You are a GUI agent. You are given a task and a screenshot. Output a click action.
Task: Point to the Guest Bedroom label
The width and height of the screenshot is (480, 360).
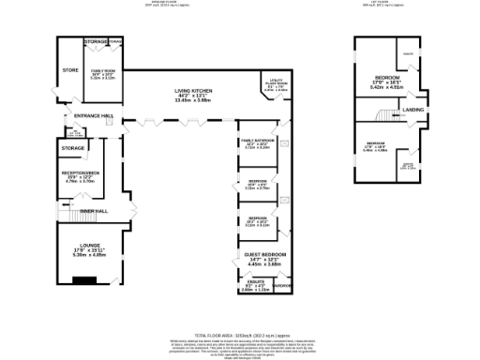point(261,254)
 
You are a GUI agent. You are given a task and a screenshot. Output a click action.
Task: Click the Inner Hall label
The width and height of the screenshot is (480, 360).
point(94,211)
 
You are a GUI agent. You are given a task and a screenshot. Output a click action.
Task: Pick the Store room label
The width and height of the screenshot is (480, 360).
point(69,70)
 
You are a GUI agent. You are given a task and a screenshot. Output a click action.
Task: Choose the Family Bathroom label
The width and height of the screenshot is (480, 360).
point(256,141)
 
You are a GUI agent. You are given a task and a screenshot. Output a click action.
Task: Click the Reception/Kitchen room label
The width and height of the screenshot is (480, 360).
point(81,174)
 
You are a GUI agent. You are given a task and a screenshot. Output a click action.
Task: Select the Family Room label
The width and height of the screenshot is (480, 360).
point(102,71)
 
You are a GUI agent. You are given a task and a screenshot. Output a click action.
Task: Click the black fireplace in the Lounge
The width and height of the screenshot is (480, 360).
point(87,279)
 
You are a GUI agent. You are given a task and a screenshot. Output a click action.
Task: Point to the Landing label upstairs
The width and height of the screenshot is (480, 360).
point(412,111)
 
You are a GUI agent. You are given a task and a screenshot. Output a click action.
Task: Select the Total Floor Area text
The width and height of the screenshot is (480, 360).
point(239,335)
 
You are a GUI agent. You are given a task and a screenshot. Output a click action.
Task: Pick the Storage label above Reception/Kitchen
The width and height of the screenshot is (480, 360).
point(73,148)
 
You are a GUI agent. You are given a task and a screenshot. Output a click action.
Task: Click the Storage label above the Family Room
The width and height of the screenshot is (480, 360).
point(96,42)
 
